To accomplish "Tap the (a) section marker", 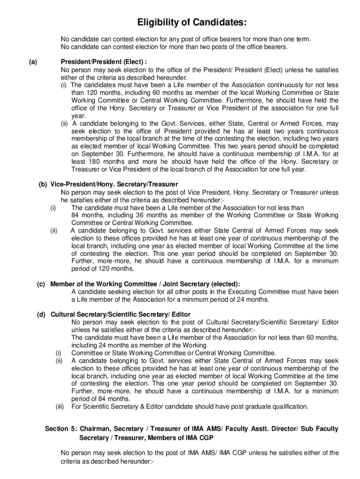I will pyautogui.click(x=33, y=61).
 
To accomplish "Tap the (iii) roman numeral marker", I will pyautogui.click(x=60, y=406).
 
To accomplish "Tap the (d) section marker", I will pyautogui.click(x=41, y=314).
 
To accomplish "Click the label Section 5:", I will pyautogui.click(x=60, y=429).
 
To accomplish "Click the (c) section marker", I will pyautogui.click(x=41, y=284).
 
